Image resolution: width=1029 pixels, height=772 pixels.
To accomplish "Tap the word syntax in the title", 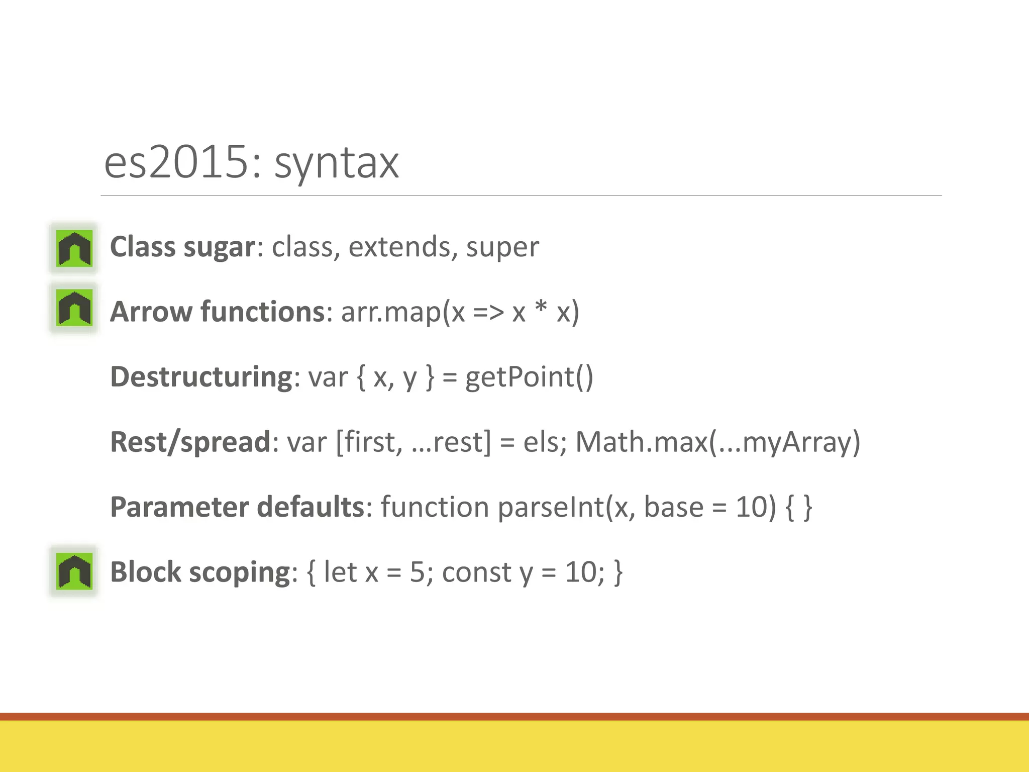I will [x=336, y=164].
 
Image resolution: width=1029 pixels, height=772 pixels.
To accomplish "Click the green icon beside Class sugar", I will [x=74, y=248].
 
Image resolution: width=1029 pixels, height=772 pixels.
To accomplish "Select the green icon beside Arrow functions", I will [x=74, y=308].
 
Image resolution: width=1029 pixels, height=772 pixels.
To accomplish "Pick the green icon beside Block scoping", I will [x=74, y=571].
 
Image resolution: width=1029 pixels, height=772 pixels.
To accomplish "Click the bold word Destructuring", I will [x=201, y=377].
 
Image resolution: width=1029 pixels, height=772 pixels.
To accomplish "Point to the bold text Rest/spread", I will [x=190, y=442].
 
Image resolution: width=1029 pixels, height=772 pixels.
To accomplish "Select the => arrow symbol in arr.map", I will [x=488, y=313].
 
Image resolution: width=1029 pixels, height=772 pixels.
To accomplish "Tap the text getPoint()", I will [x=529, y=377].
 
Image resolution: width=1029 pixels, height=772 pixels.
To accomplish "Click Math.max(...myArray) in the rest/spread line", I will [x=717, y=442].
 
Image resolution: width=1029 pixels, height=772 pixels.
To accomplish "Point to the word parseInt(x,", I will [x=566, y=507].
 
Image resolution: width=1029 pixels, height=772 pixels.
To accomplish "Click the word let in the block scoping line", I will [x=340, y=572].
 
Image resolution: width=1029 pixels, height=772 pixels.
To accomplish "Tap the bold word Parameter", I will [x=179, y=507].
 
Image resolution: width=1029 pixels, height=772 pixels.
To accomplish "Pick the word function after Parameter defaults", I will [x=435, y=507].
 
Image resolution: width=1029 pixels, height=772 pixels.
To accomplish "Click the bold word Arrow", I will [x=151, y=312].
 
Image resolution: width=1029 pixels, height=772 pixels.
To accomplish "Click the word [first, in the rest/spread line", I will [x=369, y=442].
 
